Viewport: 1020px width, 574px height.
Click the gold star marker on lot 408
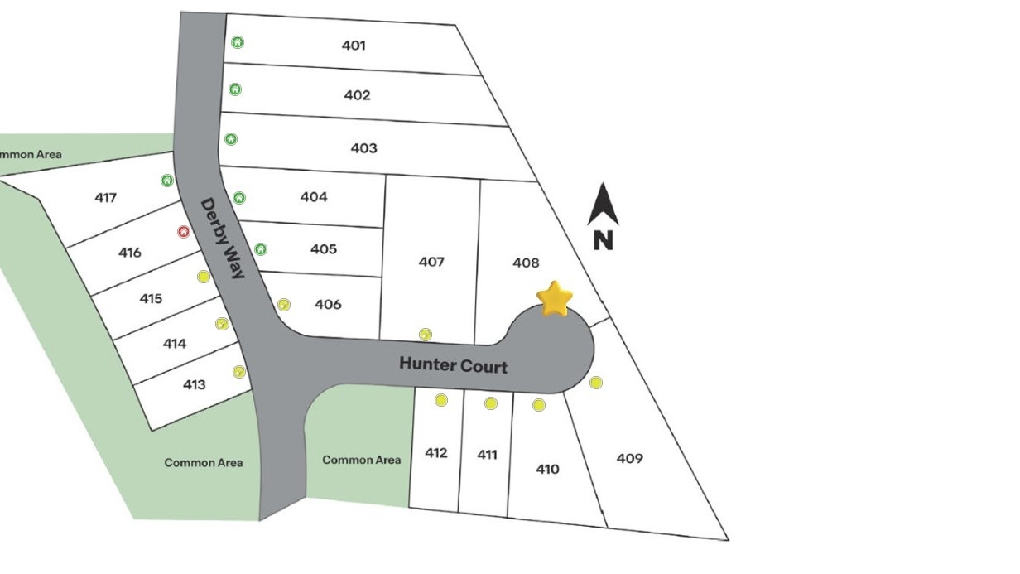pos(555,299)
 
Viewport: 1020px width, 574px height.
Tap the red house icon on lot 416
pos(184,232)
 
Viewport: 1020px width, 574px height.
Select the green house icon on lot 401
pos(238,42)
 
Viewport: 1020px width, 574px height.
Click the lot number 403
pos(363,148)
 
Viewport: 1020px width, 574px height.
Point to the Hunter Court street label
pos(453,365)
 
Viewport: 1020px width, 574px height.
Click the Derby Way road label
pos(223,238)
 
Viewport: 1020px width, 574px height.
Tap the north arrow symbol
pos(603,204)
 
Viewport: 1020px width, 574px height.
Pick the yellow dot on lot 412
pos(440,400)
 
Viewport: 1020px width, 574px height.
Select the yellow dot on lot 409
pos(596,382)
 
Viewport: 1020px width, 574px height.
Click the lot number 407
pos(431,262)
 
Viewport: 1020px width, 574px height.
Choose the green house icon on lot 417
pos(167,181)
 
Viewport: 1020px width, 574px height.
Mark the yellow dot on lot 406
pos(284,304)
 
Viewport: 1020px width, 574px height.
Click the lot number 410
pos(547,469)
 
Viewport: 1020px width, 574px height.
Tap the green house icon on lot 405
pos(261,249)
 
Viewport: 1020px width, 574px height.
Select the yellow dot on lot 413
pos(239,372)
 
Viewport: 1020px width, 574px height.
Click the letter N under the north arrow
pos(603,240)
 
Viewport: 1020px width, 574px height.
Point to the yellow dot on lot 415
pos(203,277)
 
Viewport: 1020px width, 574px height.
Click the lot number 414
pos(175,343)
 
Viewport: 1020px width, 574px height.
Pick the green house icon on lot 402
pos(235,89)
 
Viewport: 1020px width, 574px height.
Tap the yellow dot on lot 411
pos(490,403)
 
